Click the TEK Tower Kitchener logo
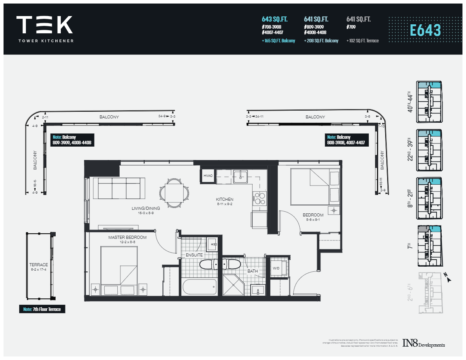[x=45, y=28]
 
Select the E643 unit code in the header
[x=425, y=30]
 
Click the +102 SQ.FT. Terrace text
[x=362, y=41]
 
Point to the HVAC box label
[x=208, y=176]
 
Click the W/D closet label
[x=276, y=269]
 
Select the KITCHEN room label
[x=224, y=199]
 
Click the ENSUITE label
[x=194, y=255]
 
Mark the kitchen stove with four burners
[x=259, y=198]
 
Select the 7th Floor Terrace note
[x=42, y=309]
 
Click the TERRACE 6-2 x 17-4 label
[x=38, y=267]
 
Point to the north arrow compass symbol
[x=448, y=278]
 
